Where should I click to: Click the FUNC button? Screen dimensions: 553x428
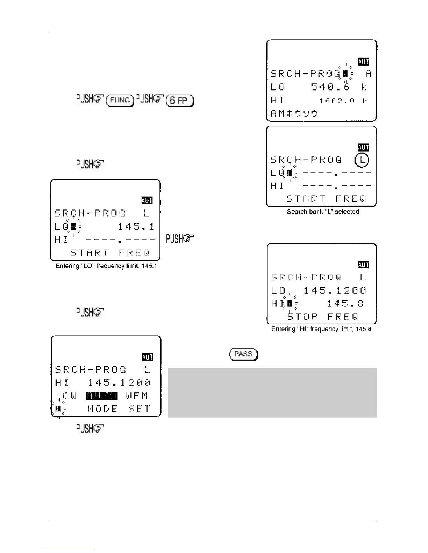[x=120, y=101]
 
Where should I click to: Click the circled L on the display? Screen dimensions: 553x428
[x=362, y=160]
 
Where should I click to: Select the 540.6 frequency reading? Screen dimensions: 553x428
[x=330, y=87]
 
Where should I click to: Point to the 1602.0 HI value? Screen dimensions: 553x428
[x=337, y=101]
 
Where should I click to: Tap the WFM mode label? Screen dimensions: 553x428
[x=137, y=396]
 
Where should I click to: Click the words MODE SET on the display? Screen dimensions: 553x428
[x=119, y=409]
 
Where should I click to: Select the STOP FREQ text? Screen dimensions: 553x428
[x=323, y=317]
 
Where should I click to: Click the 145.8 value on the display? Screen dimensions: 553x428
[x=345, y=303]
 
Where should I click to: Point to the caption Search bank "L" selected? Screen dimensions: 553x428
[x=323, y=212]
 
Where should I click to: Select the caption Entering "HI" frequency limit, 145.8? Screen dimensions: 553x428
[x=321, y=329]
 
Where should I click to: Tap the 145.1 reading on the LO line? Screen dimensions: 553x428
[x=136, y=227]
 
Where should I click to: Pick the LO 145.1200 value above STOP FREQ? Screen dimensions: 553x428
[x=335, y=290]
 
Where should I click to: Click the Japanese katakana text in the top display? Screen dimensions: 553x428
[x=294, y=113]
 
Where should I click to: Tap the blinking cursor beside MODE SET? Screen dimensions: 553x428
[x=58, y=409]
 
